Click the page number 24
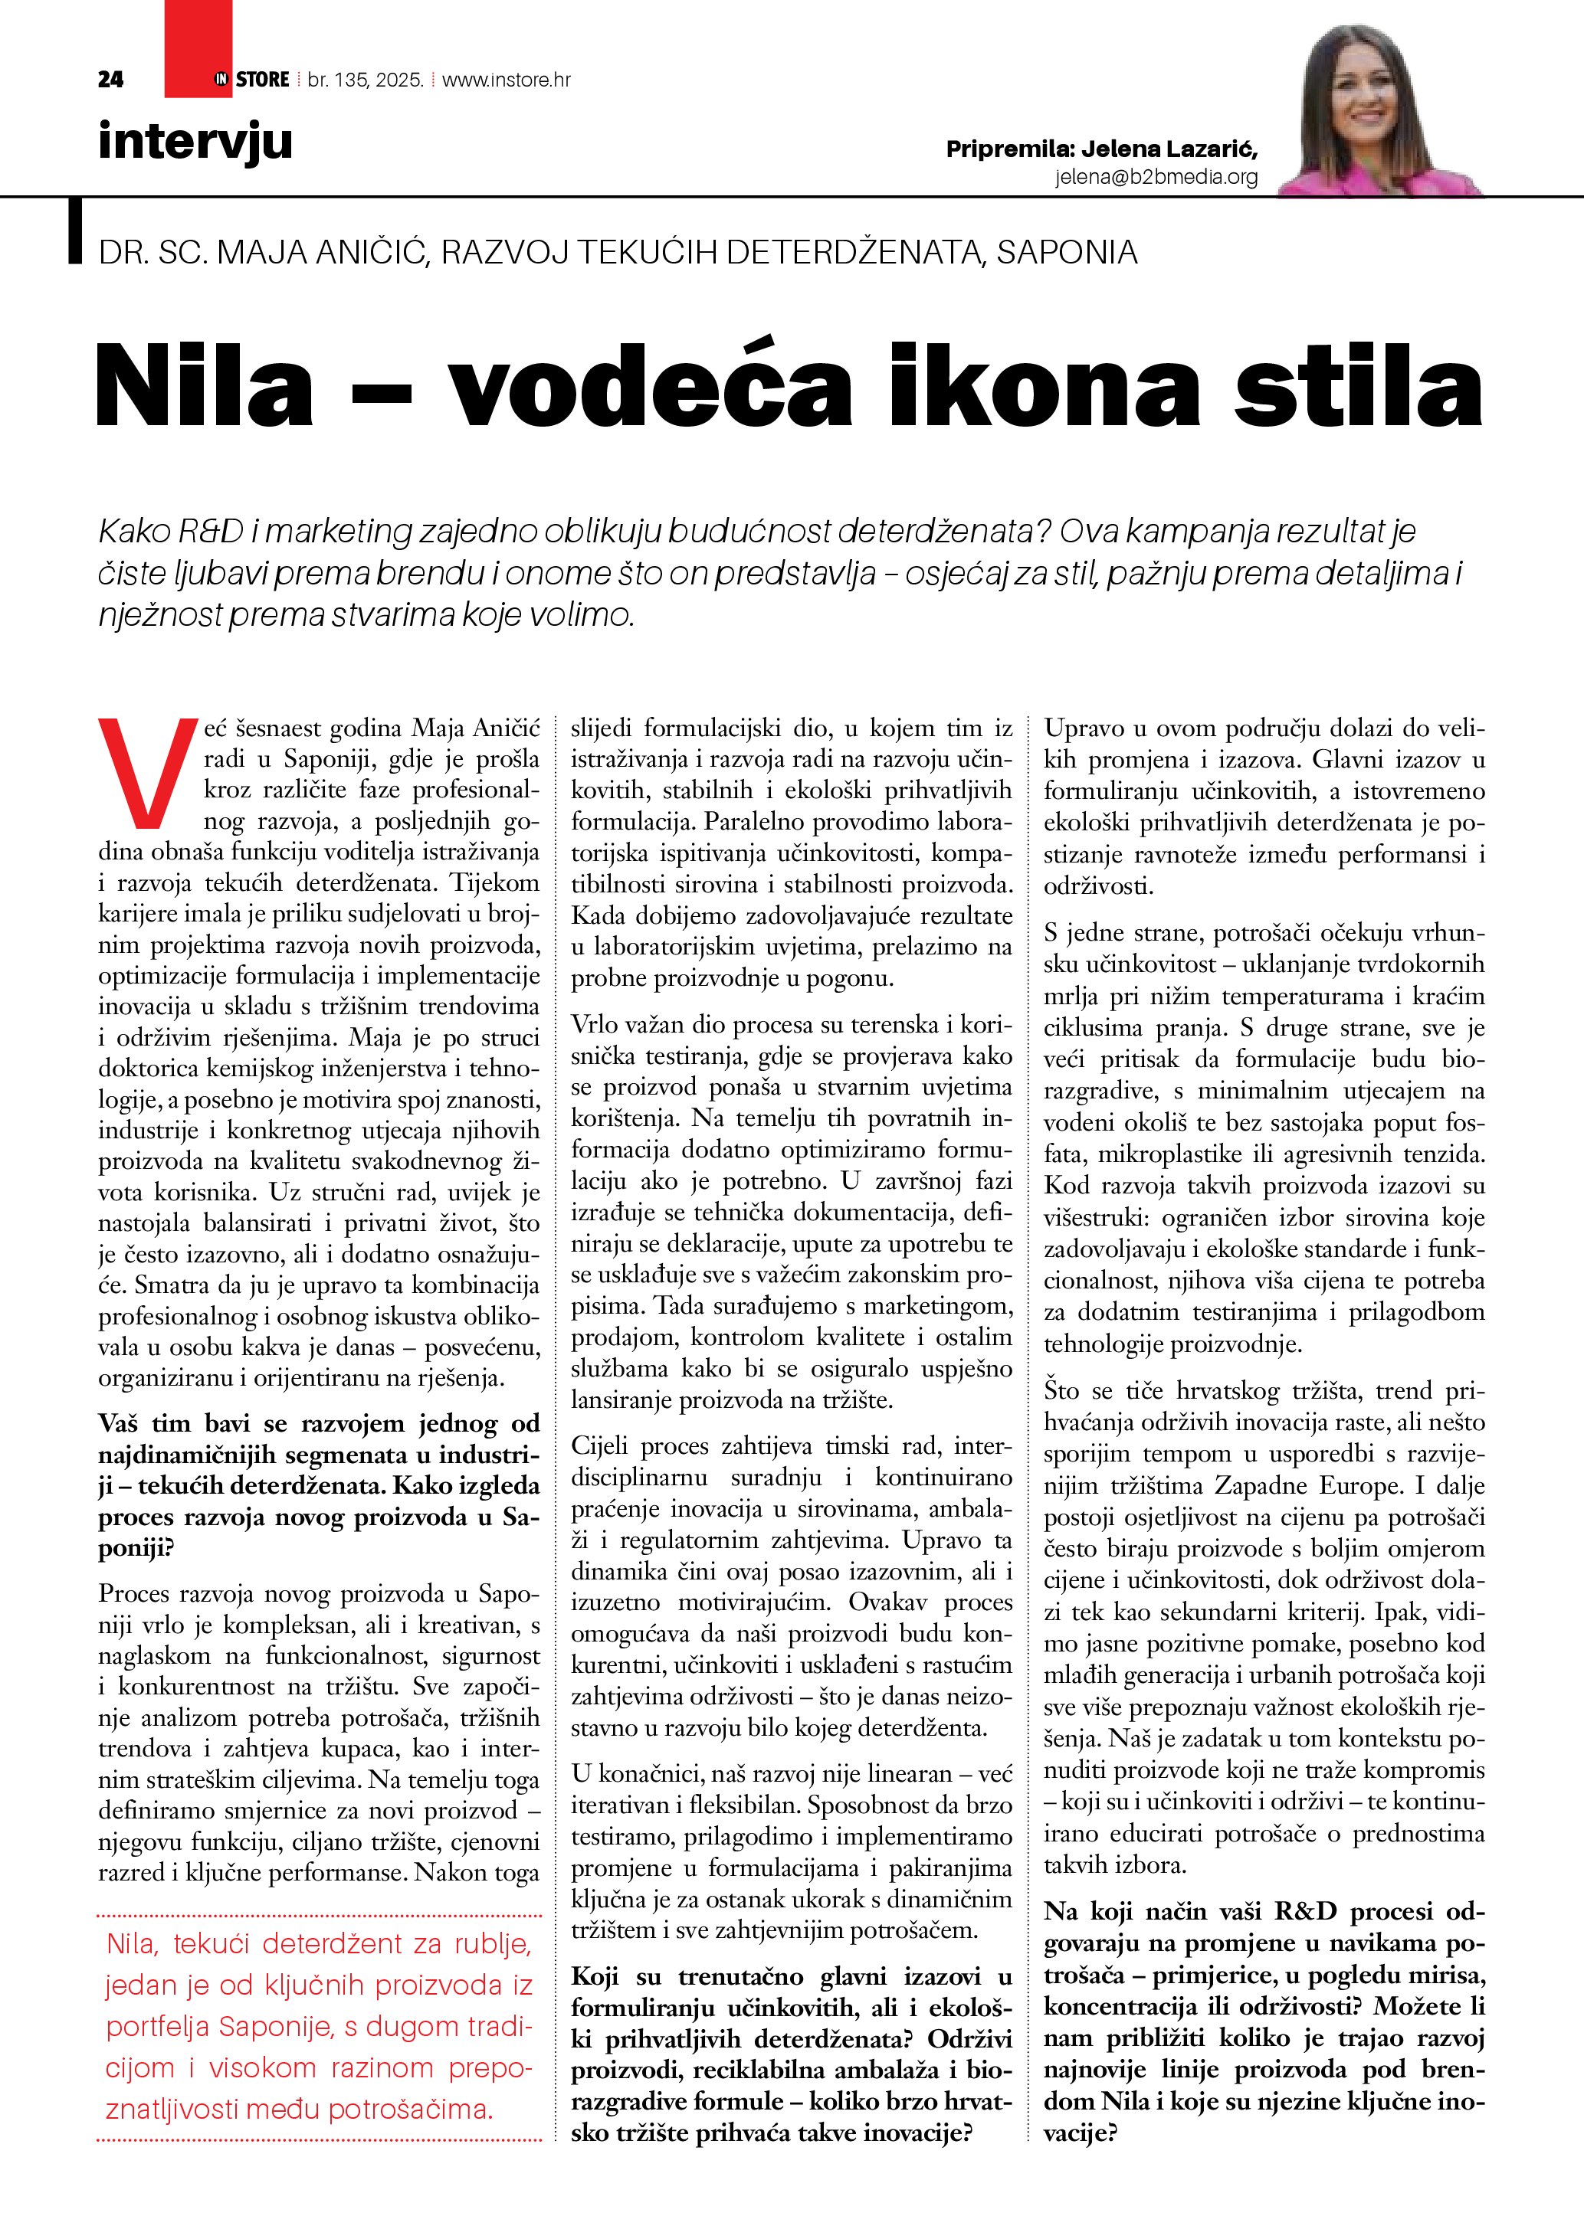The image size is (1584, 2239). [110, 80]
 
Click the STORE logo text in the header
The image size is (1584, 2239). [262, 80]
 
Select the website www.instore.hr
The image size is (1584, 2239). [507, 80]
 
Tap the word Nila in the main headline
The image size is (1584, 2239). [205, 385]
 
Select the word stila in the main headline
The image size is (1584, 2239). [1358, 385]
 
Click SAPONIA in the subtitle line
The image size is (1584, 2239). [1066, 253]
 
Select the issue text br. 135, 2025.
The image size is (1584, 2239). [365, 80]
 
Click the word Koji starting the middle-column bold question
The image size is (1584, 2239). [595, 1977]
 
